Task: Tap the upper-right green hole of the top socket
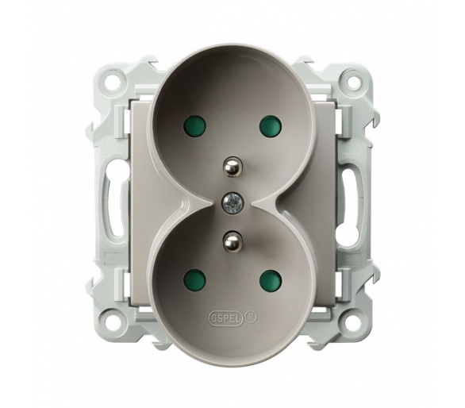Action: pyautogui.click(x=270, y=125)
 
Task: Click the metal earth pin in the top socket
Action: pyautogui.click(x=232, y=167)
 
